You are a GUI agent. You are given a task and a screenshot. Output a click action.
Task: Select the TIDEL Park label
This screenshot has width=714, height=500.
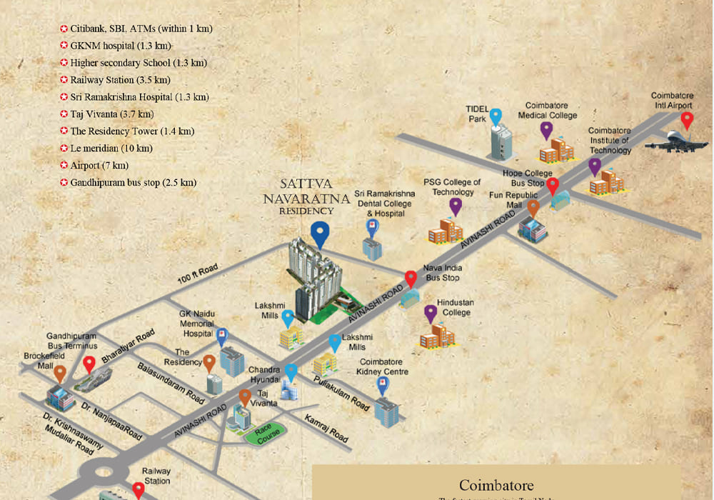(x=477, y=114)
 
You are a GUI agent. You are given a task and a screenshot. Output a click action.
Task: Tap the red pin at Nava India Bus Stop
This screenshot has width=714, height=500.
(x=411, y=279)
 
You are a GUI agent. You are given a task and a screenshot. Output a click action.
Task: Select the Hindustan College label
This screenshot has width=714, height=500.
(x=455, y=308)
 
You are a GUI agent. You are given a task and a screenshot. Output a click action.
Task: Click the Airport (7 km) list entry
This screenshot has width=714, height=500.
(x=95, y=166)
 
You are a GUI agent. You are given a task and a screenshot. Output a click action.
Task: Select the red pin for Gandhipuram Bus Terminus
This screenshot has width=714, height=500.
(x=89, y=364)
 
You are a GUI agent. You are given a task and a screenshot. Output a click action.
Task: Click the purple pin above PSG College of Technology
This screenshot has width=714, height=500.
(x=456, y=206)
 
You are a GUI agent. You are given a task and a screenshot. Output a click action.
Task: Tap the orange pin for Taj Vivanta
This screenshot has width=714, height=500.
(x=245, y=397)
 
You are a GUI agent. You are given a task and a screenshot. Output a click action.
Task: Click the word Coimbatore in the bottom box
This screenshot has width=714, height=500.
(x=496, y=486)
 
